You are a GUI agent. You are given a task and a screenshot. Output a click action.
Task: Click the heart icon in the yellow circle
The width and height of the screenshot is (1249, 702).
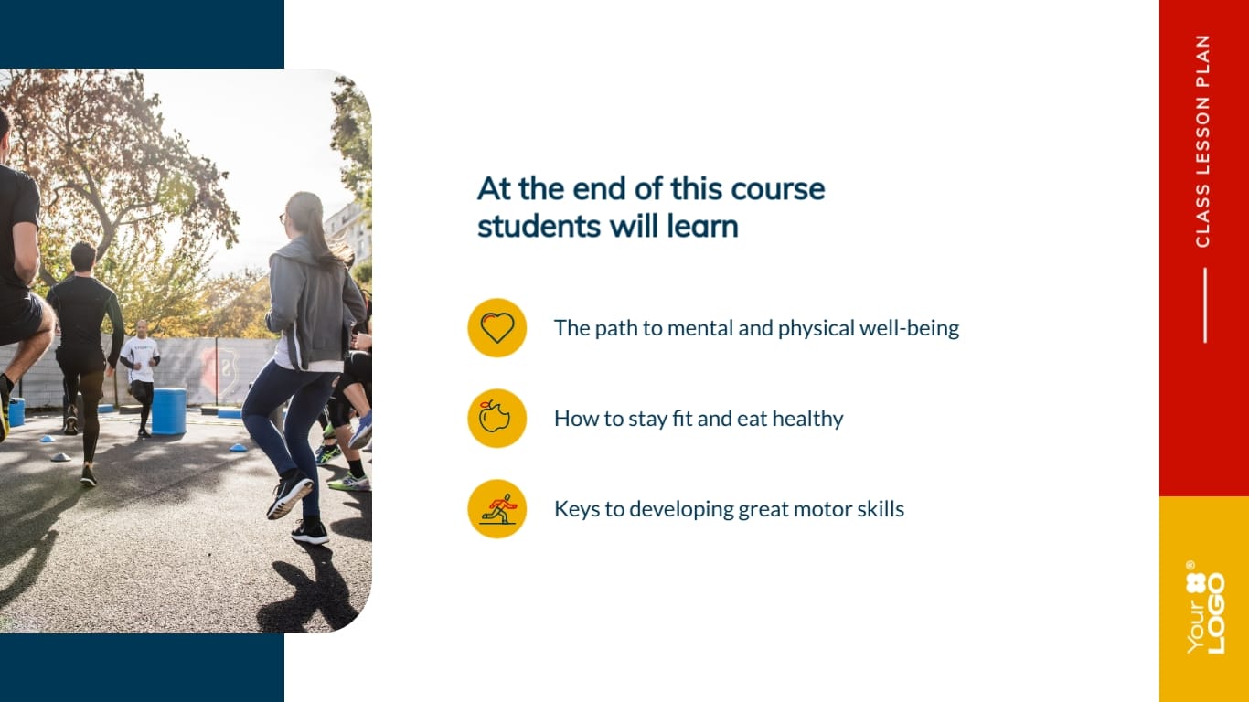[x=496, y=327]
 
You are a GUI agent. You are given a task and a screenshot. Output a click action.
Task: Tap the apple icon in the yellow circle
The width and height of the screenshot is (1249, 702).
[x=496, y=418]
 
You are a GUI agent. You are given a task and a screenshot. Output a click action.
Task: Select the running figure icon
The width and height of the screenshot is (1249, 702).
[x=496, y=508]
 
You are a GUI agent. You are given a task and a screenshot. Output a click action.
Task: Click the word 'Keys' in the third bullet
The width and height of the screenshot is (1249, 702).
[x=575, y=509]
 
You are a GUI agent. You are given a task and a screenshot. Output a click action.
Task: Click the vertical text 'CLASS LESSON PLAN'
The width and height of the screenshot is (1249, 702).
[x=1202, y=141]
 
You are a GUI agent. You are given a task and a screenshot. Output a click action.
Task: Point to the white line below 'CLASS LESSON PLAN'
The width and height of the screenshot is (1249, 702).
[x=1204, y=305]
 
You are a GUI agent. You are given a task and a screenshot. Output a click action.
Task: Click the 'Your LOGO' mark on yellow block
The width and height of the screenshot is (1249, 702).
[x=1205, y=608]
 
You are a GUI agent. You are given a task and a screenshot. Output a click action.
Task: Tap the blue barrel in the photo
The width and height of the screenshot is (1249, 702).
[x=169, y=410]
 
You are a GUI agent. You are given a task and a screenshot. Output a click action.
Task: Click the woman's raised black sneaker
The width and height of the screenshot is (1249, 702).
[x=289, y=494]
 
